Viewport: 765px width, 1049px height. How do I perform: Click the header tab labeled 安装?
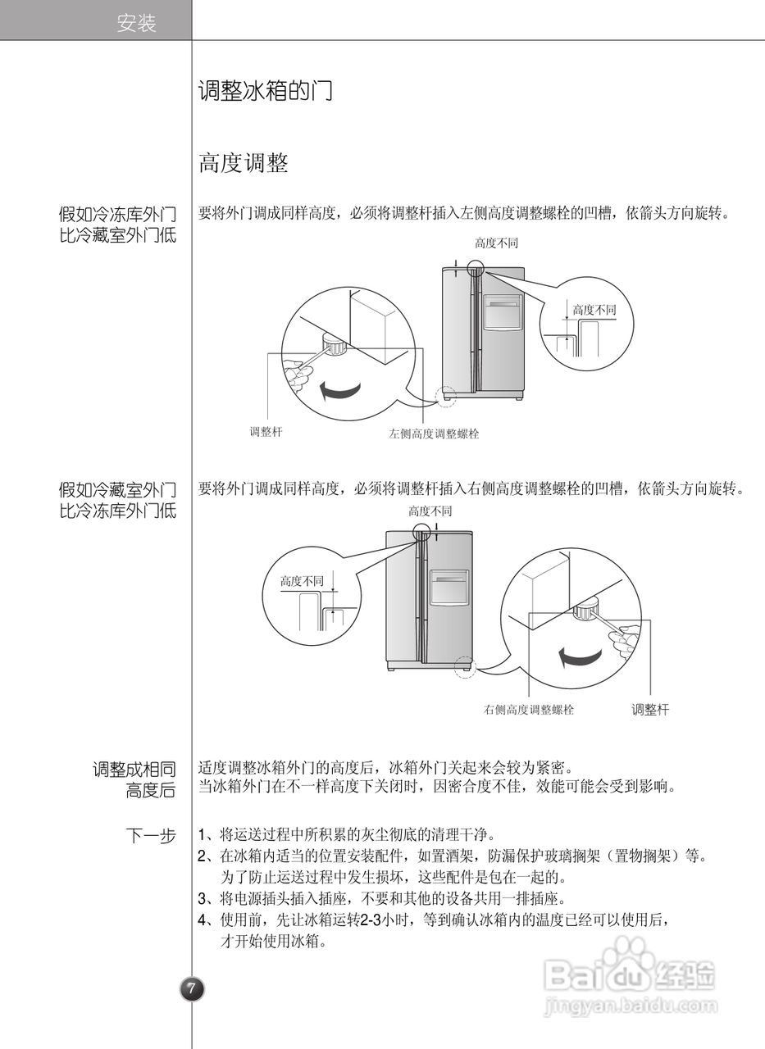pos(136,24)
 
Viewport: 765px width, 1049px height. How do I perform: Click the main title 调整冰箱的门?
pos(265,91)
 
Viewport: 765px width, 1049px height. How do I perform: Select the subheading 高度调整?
pos(243,164)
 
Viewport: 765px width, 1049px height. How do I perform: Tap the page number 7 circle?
pos(192,989)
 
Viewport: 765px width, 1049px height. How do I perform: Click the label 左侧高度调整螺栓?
pos(433,434)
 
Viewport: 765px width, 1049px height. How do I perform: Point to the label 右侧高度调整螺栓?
pos(528,710)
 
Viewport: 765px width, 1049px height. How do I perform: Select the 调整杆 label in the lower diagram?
pos(650,710)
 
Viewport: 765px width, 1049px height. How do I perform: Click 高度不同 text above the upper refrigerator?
pos(496,243)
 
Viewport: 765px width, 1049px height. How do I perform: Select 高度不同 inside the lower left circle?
pos(302,581)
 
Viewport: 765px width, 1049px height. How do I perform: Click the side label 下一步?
pos(151,836)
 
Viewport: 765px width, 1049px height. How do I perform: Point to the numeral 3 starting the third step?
pos(203,897)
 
